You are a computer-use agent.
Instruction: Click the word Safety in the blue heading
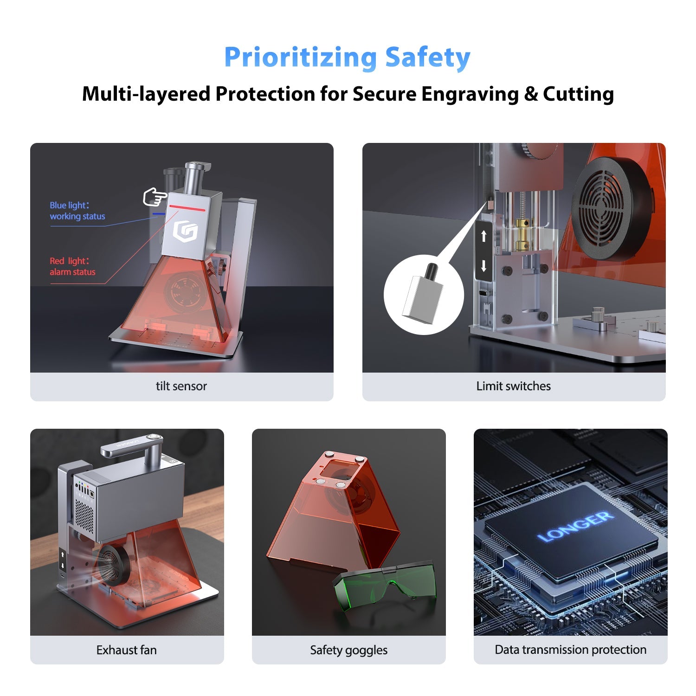[x=427, y=58]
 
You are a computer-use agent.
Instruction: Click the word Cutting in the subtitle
[x=578, y=94]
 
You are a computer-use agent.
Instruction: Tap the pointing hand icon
[x=155, y=197]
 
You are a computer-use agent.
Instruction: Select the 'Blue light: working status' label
[x=77, y=211]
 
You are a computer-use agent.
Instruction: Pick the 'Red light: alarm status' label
[x=72, y=266]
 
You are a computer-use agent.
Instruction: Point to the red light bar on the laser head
[x=187, y=207]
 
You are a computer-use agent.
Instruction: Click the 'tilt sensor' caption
[x=181, y=386]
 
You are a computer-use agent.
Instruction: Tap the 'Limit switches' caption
[x=513, y=386]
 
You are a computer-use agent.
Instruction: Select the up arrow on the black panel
[x=484, y=236]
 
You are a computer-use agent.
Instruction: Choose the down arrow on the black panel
[x=484, y=266]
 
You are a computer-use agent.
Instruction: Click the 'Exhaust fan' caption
[x=126, y=650]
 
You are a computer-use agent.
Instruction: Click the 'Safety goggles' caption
[x=348, y=650]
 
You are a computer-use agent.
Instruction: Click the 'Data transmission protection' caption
[x=570, y=650]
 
